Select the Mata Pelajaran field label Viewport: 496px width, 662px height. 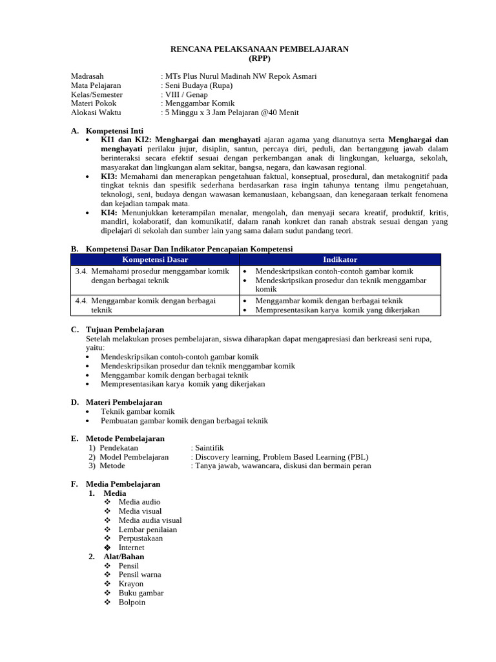tap(96, 85)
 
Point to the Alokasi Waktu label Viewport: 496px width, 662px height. tap(96, 112)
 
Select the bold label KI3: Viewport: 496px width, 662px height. tap(109, 176)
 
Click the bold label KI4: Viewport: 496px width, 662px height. tap(109, 213)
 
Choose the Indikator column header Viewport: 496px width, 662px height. tap(340, 259)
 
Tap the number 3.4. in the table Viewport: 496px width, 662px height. tap(81, 272)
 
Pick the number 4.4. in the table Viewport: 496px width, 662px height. tap(81, 301)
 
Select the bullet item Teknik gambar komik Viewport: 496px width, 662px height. tap(138, 411)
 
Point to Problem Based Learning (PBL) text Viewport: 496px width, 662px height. tap(316, 456)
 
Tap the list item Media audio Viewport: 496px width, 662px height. tap(139, 502)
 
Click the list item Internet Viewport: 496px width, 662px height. tap(132, 548)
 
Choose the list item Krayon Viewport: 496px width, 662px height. tap(131, 584)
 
